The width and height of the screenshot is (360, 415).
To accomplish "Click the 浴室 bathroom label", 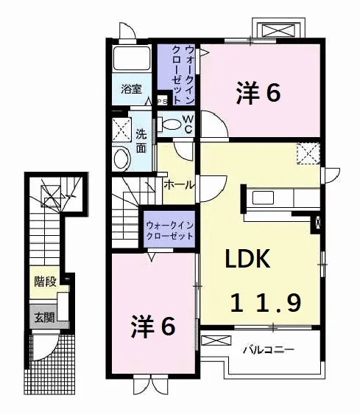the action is point(131,89).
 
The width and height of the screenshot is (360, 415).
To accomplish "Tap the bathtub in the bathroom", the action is point(131,58).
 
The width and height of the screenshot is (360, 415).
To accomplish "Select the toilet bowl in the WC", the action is point(169,124).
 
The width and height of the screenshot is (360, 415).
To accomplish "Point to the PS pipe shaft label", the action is point(163,102).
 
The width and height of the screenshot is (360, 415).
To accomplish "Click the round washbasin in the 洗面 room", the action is point(121,158).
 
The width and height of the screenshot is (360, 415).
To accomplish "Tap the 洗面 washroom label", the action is point(141,141).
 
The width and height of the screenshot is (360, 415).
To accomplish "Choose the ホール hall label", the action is point(179,185).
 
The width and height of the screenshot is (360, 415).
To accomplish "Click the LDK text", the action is point(247,258).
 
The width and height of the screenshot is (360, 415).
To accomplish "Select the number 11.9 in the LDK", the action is point(266,303).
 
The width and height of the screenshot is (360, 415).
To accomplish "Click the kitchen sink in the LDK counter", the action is point(263,198).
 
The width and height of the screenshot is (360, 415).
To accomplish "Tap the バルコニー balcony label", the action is point(269,350).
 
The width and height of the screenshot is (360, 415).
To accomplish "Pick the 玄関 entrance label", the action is point(45,318).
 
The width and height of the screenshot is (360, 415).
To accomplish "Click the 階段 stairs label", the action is point(46,282).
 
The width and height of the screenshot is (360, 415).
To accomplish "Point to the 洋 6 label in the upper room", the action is point(258,93).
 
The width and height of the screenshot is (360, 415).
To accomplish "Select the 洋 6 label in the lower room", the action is point(153,326).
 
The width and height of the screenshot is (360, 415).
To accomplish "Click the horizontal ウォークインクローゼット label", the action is point(169,231).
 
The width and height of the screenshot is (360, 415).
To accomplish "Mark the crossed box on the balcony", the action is point(216,341).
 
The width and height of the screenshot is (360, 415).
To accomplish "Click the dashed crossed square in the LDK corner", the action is point(308,153).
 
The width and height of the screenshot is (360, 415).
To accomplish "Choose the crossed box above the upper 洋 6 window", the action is point(278,29).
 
